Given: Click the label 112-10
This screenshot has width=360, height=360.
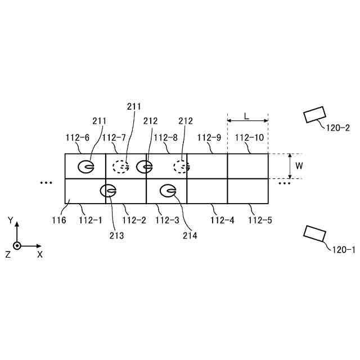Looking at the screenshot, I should click(249, 137).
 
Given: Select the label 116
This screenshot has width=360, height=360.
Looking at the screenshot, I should click(58, 220).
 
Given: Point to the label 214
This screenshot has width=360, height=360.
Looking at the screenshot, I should click(190, 236).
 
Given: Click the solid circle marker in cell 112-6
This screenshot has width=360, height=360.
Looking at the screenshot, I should click(86, 166).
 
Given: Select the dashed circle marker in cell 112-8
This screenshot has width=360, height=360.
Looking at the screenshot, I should click(182, 166).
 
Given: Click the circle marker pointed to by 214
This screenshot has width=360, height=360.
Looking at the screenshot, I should click(168, 191).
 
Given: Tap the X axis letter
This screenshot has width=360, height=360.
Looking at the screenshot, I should click(40, 254).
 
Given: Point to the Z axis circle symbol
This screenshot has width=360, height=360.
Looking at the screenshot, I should click(17, 246).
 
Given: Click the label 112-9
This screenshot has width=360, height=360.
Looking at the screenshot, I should click(208, 137).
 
